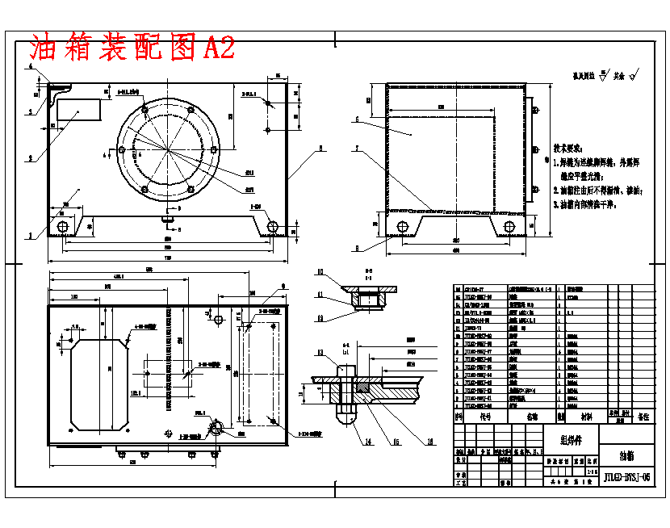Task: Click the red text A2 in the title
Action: click(x=219, y=48)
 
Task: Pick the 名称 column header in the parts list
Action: click(x=532, y=417)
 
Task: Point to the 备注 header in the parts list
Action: click(x=643, y=417)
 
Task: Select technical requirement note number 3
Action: click(x=597, y=205)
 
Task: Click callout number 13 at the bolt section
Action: click(x=320, y=353)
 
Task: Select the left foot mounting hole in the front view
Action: click(x=62, y=226)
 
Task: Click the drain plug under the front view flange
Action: click(x=168, y=216)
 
